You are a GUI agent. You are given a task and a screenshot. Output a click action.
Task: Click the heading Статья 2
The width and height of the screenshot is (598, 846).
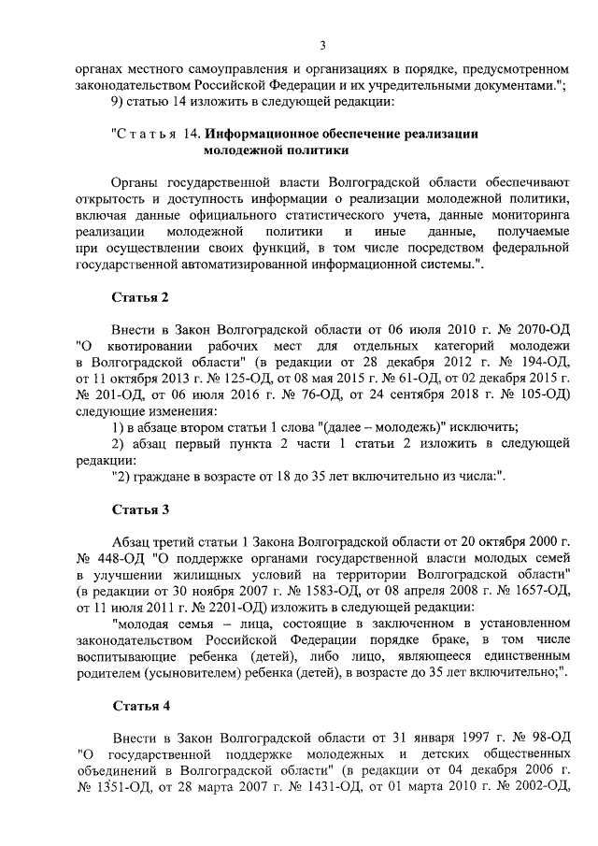(x=140, y=298)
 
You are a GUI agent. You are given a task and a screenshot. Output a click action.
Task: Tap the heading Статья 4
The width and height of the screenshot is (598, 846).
(x=140, y=704)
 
